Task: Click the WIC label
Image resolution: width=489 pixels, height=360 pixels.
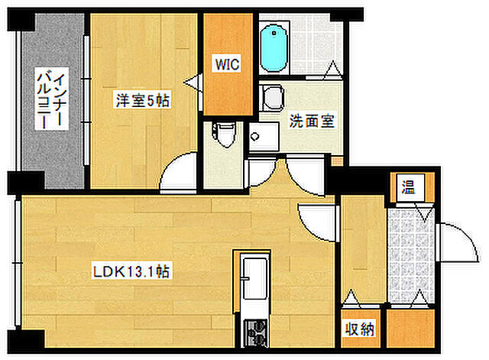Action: click(x=228, y=64)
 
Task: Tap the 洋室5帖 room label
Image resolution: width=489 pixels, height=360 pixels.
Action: click(x=143, y=100)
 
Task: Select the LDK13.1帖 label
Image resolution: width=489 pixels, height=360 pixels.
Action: click(x=131, y=271)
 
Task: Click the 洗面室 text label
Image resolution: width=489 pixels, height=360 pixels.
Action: click(x=312, y=121)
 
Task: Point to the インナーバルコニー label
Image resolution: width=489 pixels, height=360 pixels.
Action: click(x=51, y=99)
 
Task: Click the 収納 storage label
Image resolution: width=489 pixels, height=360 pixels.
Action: click(x=359, y=329)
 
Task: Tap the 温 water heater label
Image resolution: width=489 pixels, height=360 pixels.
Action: click(x=408, y=188)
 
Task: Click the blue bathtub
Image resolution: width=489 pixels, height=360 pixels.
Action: click(x=274, y=49)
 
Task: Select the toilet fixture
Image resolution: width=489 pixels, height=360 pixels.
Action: click(x=223, y=135)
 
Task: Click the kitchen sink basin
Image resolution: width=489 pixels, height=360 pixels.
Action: click(x=255, y=278)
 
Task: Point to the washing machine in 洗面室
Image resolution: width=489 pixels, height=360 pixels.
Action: click(x=271, y=98)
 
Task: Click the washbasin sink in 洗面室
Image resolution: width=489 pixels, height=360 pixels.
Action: click(x=264, y=137)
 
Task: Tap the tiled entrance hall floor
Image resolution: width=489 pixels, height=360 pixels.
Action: click(x=410, y=256)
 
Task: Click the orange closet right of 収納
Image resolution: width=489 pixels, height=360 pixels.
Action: click(x=410, y=328)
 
